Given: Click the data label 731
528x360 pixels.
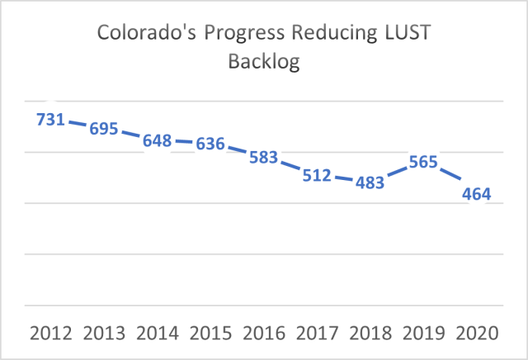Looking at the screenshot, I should [x=50, y=119].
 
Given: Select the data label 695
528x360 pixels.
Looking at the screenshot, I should [x=104, y=129].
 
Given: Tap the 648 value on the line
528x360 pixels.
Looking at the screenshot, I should [x=158, y=141].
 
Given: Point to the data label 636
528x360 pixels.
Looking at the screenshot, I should [x=210, y=144].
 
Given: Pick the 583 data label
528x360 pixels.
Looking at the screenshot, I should [x=264, y=158].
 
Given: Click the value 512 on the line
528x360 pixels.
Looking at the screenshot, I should [x=317, y=176].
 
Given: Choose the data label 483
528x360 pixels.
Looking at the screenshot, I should [x=370, y=183].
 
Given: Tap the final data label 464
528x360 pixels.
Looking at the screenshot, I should [x=477, y=195].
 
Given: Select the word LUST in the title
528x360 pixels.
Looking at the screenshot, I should [x=408, y=34].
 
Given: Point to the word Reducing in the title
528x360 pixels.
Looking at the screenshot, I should [x=333, y=34].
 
